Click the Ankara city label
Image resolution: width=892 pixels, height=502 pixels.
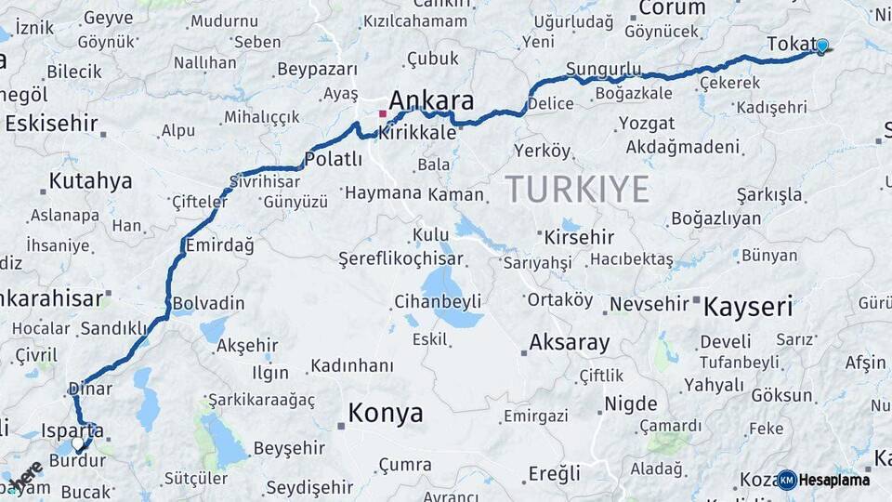coord(431,101)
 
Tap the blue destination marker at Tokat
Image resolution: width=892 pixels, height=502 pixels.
coord(821,46)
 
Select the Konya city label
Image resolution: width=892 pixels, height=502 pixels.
coord(385,413)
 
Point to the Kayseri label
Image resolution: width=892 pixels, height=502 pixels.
coord(748,307)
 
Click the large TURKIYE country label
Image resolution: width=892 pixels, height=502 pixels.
coord(577,190)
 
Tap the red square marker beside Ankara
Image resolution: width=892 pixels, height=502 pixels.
coord(382,114)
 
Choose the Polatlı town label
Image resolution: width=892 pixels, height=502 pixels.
coord(333,160)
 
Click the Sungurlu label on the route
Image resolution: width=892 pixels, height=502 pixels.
coord(603,69)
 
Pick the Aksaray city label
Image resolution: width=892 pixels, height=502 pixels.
coord(569,343)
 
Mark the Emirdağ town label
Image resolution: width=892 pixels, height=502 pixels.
coord(219,244)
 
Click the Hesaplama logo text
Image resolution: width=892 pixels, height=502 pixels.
coord(834,481)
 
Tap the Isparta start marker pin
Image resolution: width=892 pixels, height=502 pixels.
coord(79,444)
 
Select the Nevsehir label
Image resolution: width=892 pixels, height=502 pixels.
coord(649,305)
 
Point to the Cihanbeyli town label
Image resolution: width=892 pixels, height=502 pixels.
coord(437,301)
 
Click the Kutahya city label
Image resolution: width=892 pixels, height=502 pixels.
coord(90,181)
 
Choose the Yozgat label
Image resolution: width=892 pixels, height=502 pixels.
coord(647,124)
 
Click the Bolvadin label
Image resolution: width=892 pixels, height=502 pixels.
coord(208,304)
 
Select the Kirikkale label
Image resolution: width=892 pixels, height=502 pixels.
coord(416,133)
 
